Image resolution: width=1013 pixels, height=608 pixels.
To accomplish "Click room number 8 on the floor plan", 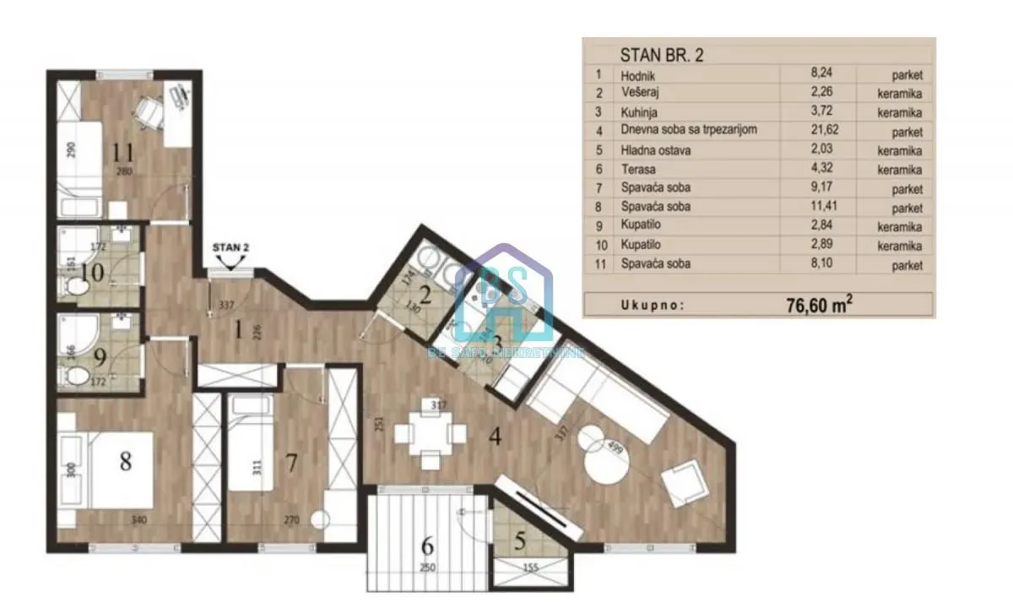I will click(x=126, y=462).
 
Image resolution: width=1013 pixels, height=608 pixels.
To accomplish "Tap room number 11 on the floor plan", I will click(x=124, y=152).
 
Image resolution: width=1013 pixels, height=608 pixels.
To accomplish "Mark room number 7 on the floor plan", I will click(x=291, y=463).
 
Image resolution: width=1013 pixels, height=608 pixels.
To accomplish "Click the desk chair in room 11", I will click(x=151, y=113).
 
